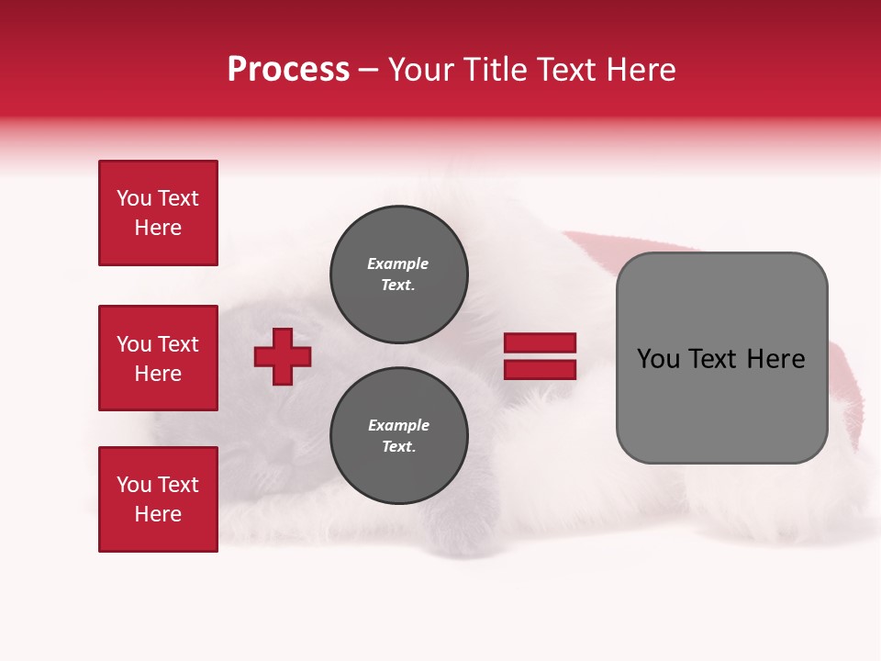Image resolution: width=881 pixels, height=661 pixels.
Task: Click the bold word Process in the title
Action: click(288, 70)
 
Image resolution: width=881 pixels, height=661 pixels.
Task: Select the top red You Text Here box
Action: click(158, 213)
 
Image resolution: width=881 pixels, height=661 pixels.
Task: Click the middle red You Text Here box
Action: click(158, 358)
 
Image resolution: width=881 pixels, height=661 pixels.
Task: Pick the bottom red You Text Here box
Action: click(158, 499)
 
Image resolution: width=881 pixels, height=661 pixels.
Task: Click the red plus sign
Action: click(283, 356)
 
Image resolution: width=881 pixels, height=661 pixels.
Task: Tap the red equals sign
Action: click(540, 356)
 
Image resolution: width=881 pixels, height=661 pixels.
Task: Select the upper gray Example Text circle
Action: click(398, 274)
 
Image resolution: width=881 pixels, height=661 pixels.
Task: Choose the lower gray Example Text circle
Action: click(398, 436)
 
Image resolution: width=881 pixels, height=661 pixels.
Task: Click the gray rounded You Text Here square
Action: click(721, 358)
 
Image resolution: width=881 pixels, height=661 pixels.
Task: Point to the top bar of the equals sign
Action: click(540, 343)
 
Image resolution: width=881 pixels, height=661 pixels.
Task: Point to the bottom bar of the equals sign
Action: click(540, 369)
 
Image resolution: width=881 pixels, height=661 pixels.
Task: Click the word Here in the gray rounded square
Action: click(775, 359)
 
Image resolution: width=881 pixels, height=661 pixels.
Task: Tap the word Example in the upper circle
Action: click(397, 263)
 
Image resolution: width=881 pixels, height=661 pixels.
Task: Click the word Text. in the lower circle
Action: click(398, 447)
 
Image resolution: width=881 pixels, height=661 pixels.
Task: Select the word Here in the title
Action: click(640, 70)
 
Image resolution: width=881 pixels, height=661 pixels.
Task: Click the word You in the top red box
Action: click(134, 198)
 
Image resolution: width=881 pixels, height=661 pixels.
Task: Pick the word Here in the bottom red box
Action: click(158, 514)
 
